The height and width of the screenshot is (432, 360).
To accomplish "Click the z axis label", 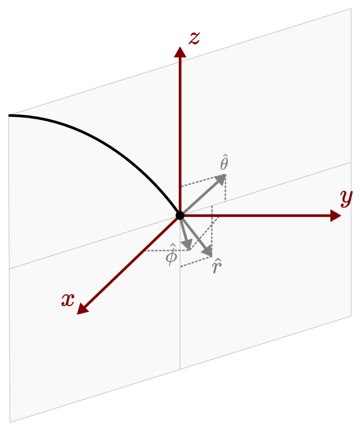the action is tap(194, 38).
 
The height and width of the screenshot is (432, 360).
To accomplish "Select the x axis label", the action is tap(68, 300).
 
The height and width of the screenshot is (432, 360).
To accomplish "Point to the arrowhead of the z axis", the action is tap(180, 51).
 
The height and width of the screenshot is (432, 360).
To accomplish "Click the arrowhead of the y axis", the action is tap(336, 216).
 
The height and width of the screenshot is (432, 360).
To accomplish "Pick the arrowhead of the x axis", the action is tap(82, 310).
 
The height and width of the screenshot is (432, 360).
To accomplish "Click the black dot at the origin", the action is tap(180, 216).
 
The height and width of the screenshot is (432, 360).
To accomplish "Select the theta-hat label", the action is tap(224, 163).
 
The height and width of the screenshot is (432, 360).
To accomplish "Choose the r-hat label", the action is tap(216, 267).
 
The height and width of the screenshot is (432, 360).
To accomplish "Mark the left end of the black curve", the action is tap(9, 115).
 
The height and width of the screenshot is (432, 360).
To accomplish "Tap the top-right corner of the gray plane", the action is tap(351, 9).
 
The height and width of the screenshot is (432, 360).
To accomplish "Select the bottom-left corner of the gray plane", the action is tap(10, 422).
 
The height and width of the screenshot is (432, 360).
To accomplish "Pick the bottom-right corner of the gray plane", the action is tap(351, 316).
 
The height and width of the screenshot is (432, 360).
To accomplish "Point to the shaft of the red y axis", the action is tap(260, 216).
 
